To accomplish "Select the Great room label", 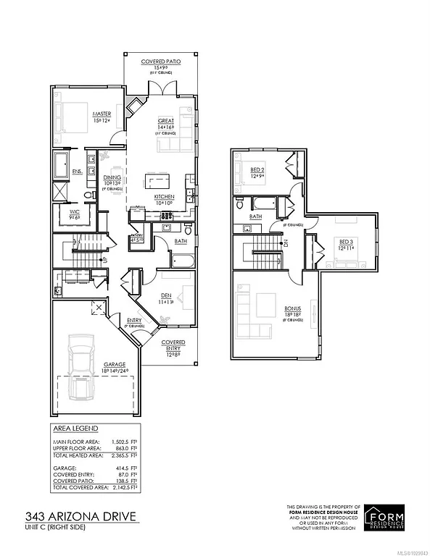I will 167,121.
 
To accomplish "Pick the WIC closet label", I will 75,213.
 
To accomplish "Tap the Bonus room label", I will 293,309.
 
